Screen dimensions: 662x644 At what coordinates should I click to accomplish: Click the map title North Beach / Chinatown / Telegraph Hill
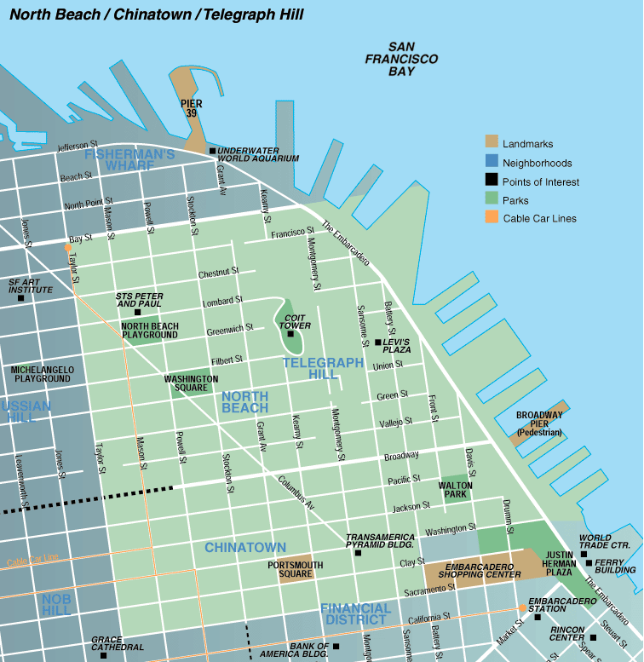[x=156, y=15]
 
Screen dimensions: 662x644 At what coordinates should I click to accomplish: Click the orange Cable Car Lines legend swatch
[x=492, y=218]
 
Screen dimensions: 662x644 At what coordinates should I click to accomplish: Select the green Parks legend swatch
[x=492, y=200]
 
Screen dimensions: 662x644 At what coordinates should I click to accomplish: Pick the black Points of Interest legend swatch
[x=492, y=181]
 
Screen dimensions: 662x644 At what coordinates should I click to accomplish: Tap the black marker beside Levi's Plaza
[x=378, y=343]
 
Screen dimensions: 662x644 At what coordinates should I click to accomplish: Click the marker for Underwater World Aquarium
[x=212, y=151]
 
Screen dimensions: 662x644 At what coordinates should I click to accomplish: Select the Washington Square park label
[x=191, y=383]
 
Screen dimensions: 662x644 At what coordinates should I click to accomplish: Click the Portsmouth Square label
[x=295, y=569]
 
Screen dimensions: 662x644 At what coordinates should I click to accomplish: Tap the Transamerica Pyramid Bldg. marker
[x=358, y=553]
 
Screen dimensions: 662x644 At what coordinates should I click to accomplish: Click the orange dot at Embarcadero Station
[x=522, y=608]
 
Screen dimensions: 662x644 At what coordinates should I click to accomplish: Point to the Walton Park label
[x=455, y=489]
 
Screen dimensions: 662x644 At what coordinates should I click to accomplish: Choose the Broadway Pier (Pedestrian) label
[x=539, y=423]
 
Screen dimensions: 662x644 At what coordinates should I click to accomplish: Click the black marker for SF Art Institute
[x=21, y=297]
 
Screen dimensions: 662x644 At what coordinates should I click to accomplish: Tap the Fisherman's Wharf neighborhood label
[x=129, y=159]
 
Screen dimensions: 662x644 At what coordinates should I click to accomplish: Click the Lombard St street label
[x=221, y=302]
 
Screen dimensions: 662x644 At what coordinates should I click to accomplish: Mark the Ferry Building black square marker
[x=589, y=562]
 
